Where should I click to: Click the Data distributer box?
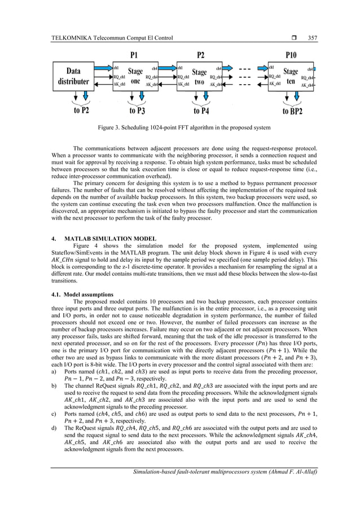click(78, 76)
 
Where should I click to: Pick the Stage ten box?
click(291, 76)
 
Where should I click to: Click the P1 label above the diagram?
click(135, 55)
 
